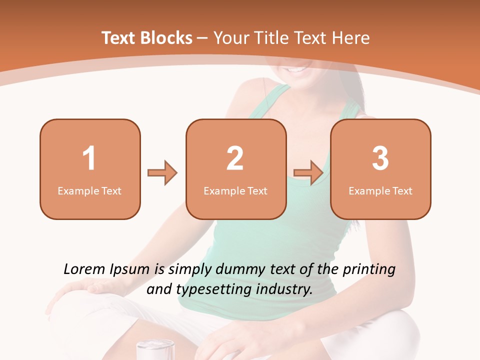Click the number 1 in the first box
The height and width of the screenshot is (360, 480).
pos(89,158)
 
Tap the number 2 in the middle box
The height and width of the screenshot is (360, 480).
pos(235,158)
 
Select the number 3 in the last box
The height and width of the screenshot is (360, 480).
pos(380,158)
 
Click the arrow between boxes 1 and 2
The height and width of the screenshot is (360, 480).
pos(162,173)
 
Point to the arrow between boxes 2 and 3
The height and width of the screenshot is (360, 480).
pos(308,173)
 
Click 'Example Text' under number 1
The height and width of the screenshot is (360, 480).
pos(89,190)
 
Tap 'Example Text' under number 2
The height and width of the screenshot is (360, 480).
pos(235,190)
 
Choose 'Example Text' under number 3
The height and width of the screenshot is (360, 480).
pos(380,190)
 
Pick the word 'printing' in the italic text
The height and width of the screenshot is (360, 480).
pos(369,269)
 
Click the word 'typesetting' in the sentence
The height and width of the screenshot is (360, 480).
pos(215,289)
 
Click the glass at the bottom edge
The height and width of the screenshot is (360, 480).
pos(155,349)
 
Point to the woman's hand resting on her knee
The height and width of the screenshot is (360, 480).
pos(87,288)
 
